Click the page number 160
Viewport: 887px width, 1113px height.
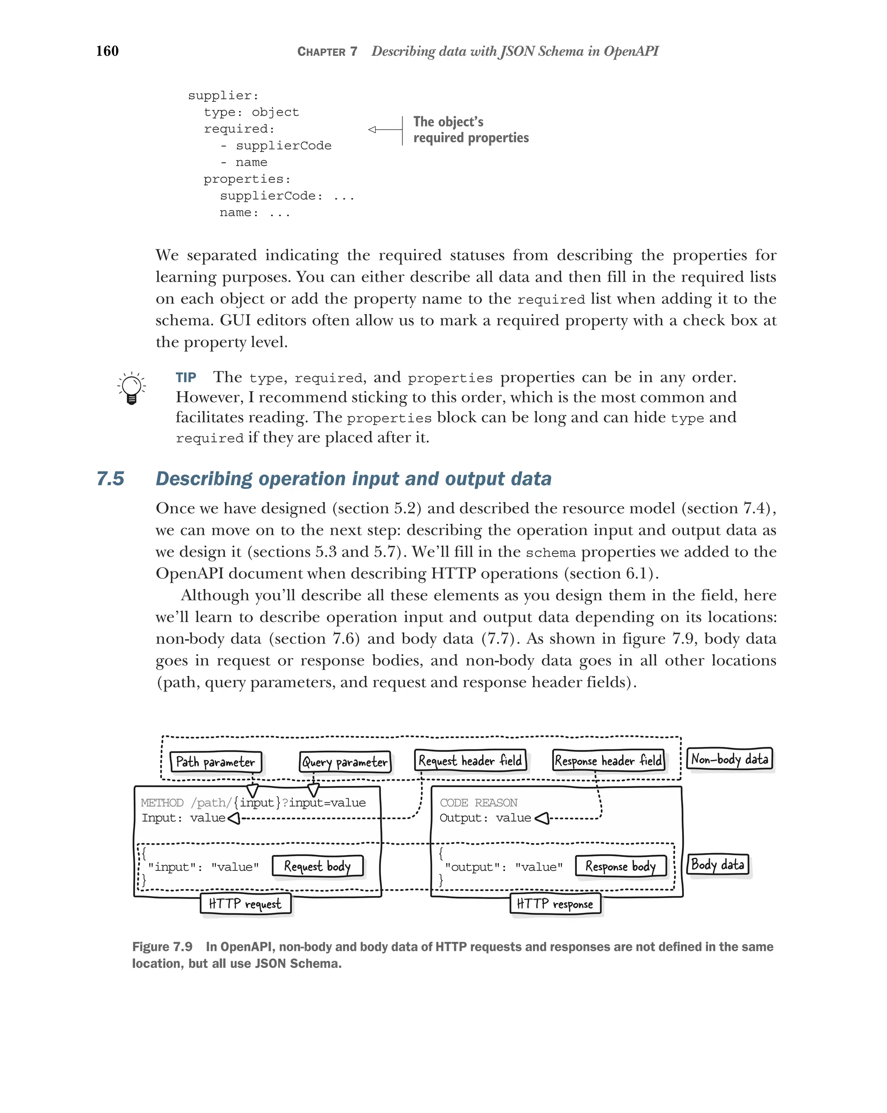point(107,51)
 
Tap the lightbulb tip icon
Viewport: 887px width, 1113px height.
point(132,388)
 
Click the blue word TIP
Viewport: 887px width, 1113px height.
point(186,377)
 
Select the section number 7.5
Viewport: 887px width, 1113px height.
point(110,479)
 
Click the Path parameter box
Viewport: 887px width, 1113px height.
point(216,762)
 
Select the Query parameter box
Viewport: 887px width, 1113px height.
point(345,762)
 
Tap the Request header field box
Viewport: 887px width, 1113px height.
point(470,760)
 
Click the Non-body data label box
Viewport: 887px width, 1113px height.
point(729,759)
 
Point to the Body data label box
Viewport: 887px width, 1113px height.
point(717,864)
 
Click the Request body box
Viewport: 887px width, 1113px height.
point(317,866)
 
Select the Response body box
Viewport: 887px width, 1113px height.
point(620,866)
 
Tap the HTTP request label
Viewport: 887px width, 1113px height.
point(245,903)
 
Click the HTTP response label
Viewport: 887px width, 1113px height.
point(555,903)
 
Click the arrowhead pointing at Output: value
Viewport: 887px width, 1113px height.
point(542,818)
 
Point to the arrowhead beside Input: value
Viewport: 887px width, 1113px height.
point(234,818)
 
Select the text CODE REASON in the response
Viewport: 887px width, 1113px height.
point(478,803)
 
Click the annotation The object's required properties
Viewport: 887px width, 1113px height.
point(471,130)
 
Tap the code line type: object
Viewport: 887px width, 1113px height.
point(251,112)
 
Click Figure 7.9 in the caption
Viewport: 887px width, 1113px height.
point(162,947)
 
